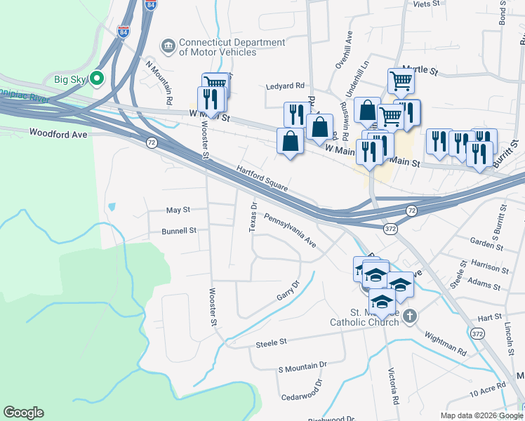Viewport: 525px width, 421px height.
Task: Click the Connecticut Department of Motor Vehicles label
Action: pyautogui.click(x=232, y=47)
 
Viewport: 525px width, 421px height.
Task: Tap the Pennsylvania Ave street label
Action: pyautogui.click(x=290, y=231)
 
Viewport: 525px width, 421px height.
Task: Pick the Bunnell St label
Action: pyautogui.click(x=178, y=230)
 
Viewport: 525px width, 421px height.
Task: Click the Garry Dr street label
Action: pyautogui.click(x=288, y=290)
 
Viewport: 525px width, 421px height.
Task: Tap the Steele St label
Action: pyautogui.click(x=272, y=342)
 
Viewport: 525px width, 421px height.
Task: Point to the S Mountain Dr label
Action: pyautogui.click(x=303, y=366)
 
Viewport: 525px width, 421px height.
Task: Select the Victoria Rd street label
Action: pyautogui.click(x=395, y=387)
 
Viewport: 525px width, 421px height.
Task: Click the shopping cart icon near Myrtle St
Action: pyautogui.click(x=401, y=80)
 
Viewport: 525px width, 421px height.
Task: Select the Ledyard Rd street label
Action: pyautogui.click(x=285, y=86)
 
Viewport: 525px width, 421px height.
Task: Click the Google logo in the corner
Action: pyautogui.click(x=23, y=413)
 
